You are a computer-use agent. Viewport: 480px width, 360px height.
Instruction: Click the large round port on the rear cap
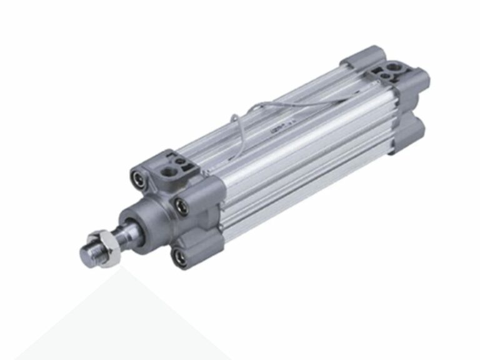click(394, 66)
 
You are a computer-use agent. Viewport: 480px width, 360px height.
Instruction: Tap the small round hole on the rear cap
click(386, 77)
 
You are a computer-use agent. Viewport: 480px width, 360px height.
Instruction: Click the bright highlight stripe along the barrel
click(300, 137)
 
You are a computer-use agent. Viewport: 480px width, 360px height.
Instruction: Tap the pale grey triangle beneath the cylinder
click(125, 319)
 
